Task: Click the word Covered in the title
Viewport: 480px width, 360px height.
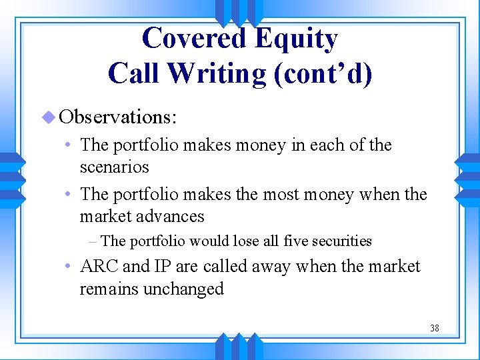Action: click(x=190, y=39)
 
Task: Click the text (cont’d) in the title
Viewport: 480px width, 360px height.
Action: click(x=323, y=73)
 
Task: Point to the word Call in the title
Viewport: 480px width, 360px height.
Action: click(x=135, y=73)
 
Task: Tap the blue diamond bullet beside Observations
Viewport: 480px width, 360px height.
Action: click(x=47, y=117)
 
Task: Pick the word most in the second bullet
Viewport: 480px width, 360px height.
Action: click(x=285, y=194)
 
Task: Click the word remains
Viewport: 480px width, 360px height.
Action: click(x=107, y=289)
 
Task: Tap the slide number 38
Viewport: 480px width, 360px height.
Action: click(x=434, y=328)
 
